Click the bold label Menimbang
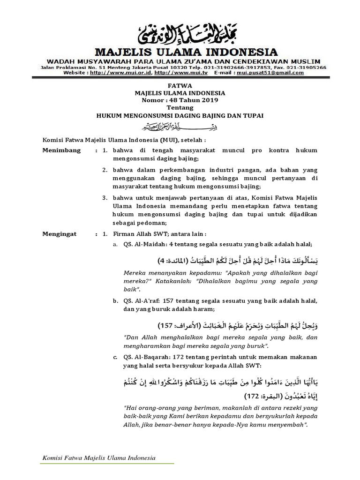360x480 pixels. coord(61,150)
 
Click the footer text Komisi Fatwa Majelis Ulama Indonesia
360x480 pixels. coord(99,457)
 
